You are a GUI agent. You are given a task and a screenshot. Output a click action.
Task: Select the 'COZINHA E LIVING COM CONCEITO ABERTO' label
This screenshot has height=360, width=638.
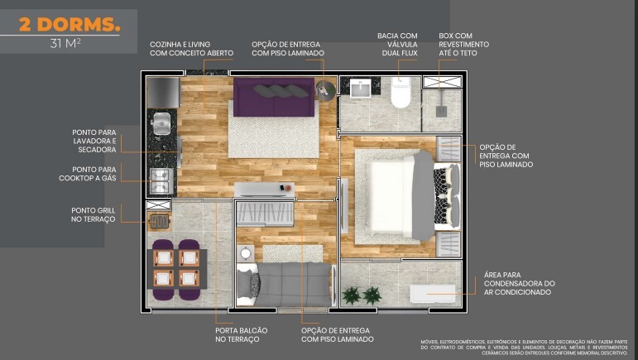[x=191, y=48]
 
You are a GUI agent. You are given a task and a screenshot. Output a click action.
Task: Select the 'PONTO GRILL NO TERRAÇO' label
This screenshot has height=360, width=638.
[x=94, y=214]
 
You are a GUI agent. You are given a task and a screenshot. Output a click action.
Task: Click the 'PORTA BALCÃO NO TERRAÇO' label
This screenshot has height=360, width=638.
[x=237, y=334]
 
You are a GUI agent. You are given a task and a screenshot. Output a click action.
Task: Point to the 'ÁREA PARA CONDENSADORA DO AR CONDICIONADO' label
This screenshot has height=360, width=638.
[x=519, y=283]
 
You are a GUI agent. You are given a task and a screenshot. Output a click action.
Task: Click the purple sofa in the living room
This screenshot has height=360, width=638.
[x=272, y=98]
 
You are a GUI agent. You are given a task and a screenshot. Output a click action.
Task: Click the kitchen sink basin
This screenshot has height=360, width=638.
[x=162, y=124]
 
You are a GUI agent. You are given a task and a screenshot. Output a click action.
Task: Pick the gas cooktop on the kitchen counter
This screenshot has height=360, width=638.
[x=159, y=180]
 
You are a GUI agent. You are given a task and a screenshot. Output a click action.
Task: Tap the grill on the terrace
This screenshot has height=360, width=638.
[x=158, y=220]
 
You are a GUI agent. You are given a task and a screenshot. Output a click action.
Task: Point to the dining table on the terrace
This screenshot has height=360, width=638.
[x=176, y=268]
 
